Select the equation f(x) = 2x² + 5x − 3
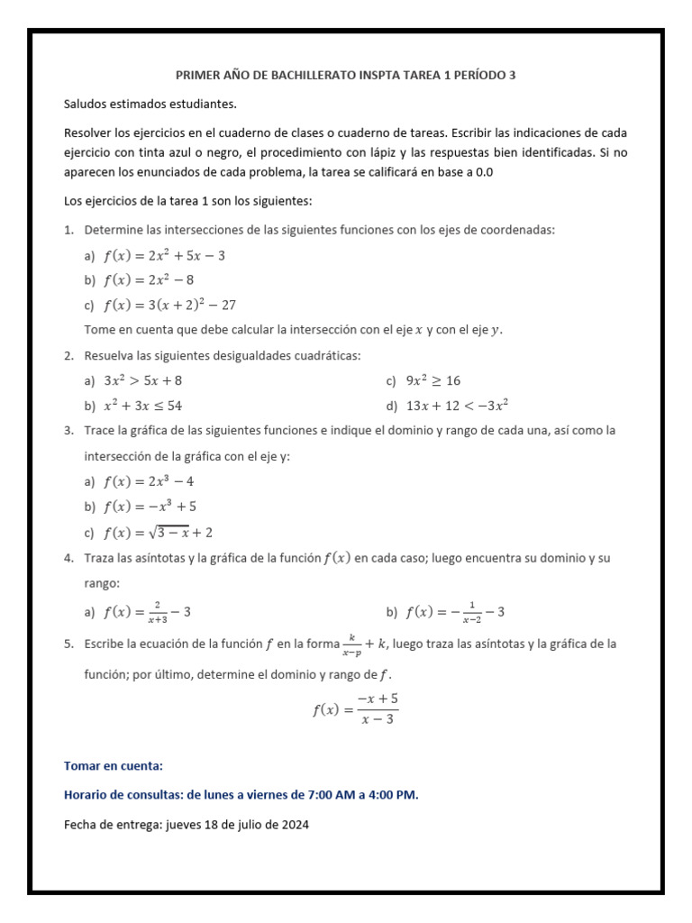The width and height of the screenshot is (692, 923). coord(164,255)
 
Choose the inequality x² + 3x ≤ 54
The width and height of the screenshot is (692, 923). coord(143,406)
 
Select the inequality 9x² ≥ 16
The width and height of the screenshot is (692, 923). coord(433,380)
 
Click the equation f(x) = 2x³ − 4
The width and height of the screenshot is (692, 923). coord(149,481)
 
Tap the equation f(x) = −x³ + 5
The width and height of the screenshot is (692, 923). coord(150,507)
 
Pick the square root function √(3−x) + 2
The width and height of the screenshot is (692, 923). coord(158,532)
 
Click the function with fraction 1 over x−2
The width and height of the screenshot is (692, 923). coord(455,612)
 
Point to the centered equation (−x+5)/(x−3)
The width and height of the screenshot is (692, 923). coord(355,708)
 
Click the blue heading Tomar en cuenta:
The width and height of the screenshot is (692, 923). coord(114,766)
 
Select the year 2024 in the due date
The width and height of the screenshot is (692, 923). coord(294,824)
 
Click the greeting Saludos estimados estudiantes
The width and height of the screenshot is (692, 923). coord(150,104)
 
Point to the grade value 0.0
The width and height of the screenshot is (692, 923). coord(483,171)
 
